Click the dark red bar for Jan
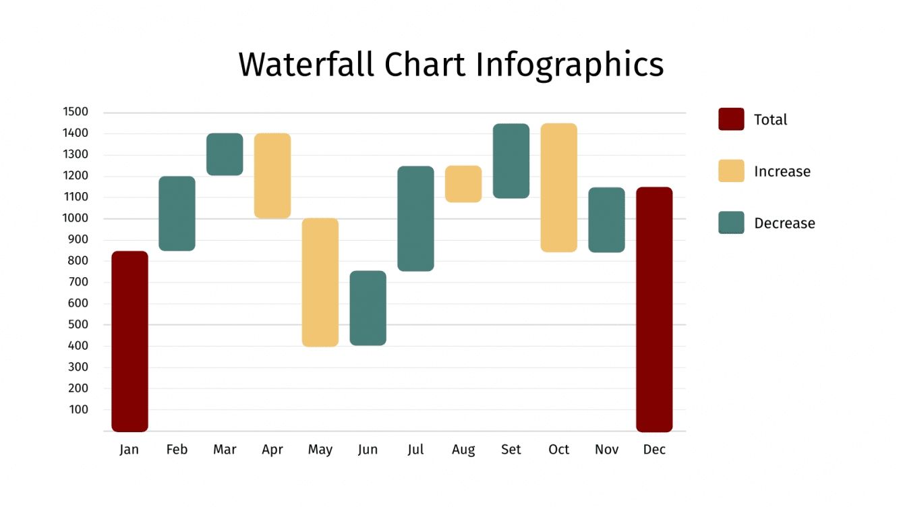tap(129, 341)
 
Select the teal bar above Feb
tap(177, 213)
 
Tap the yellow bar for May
tap(320, 282)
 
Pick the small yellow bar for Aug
tap(463, 183)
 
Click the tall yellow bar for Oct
tap(558, 187)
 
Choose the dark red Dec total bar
tap(654, 309)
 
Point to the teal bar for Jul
tap(415, 218)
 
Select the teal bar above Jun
tap(368, 307)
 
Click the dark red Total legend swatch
tap(731, 119)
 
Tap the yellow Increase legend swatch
tap(731, 171)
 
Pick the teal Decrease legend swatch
tap(731, 223)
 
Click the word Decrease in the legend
tap(784, 223)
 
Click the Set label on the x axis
tap(511, 450)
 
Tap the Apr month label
tap(272, 450)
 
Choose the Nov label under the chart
tap(606, 450)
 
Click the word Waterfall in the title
tap(306, 65)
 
